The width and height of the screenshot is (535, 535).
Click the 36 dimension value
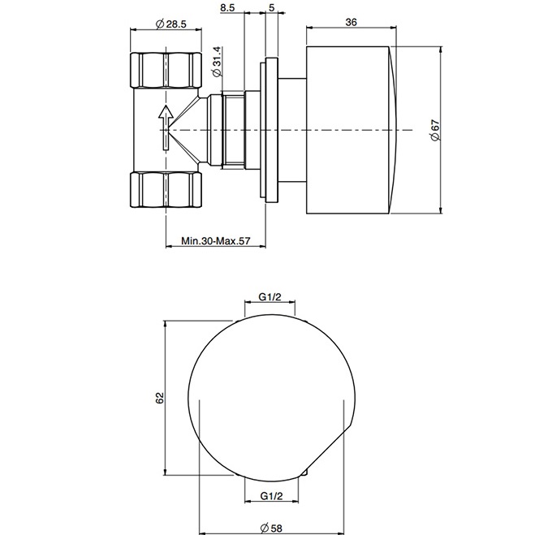(x=351, y=23)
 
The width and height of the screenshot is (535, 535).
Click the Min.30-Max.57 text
(x=215, y=241)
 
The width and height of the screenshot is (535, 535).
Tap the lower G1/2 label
(x=271, y=494)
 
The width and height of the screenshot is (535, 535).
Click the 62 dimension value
(x=159, y=396)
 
